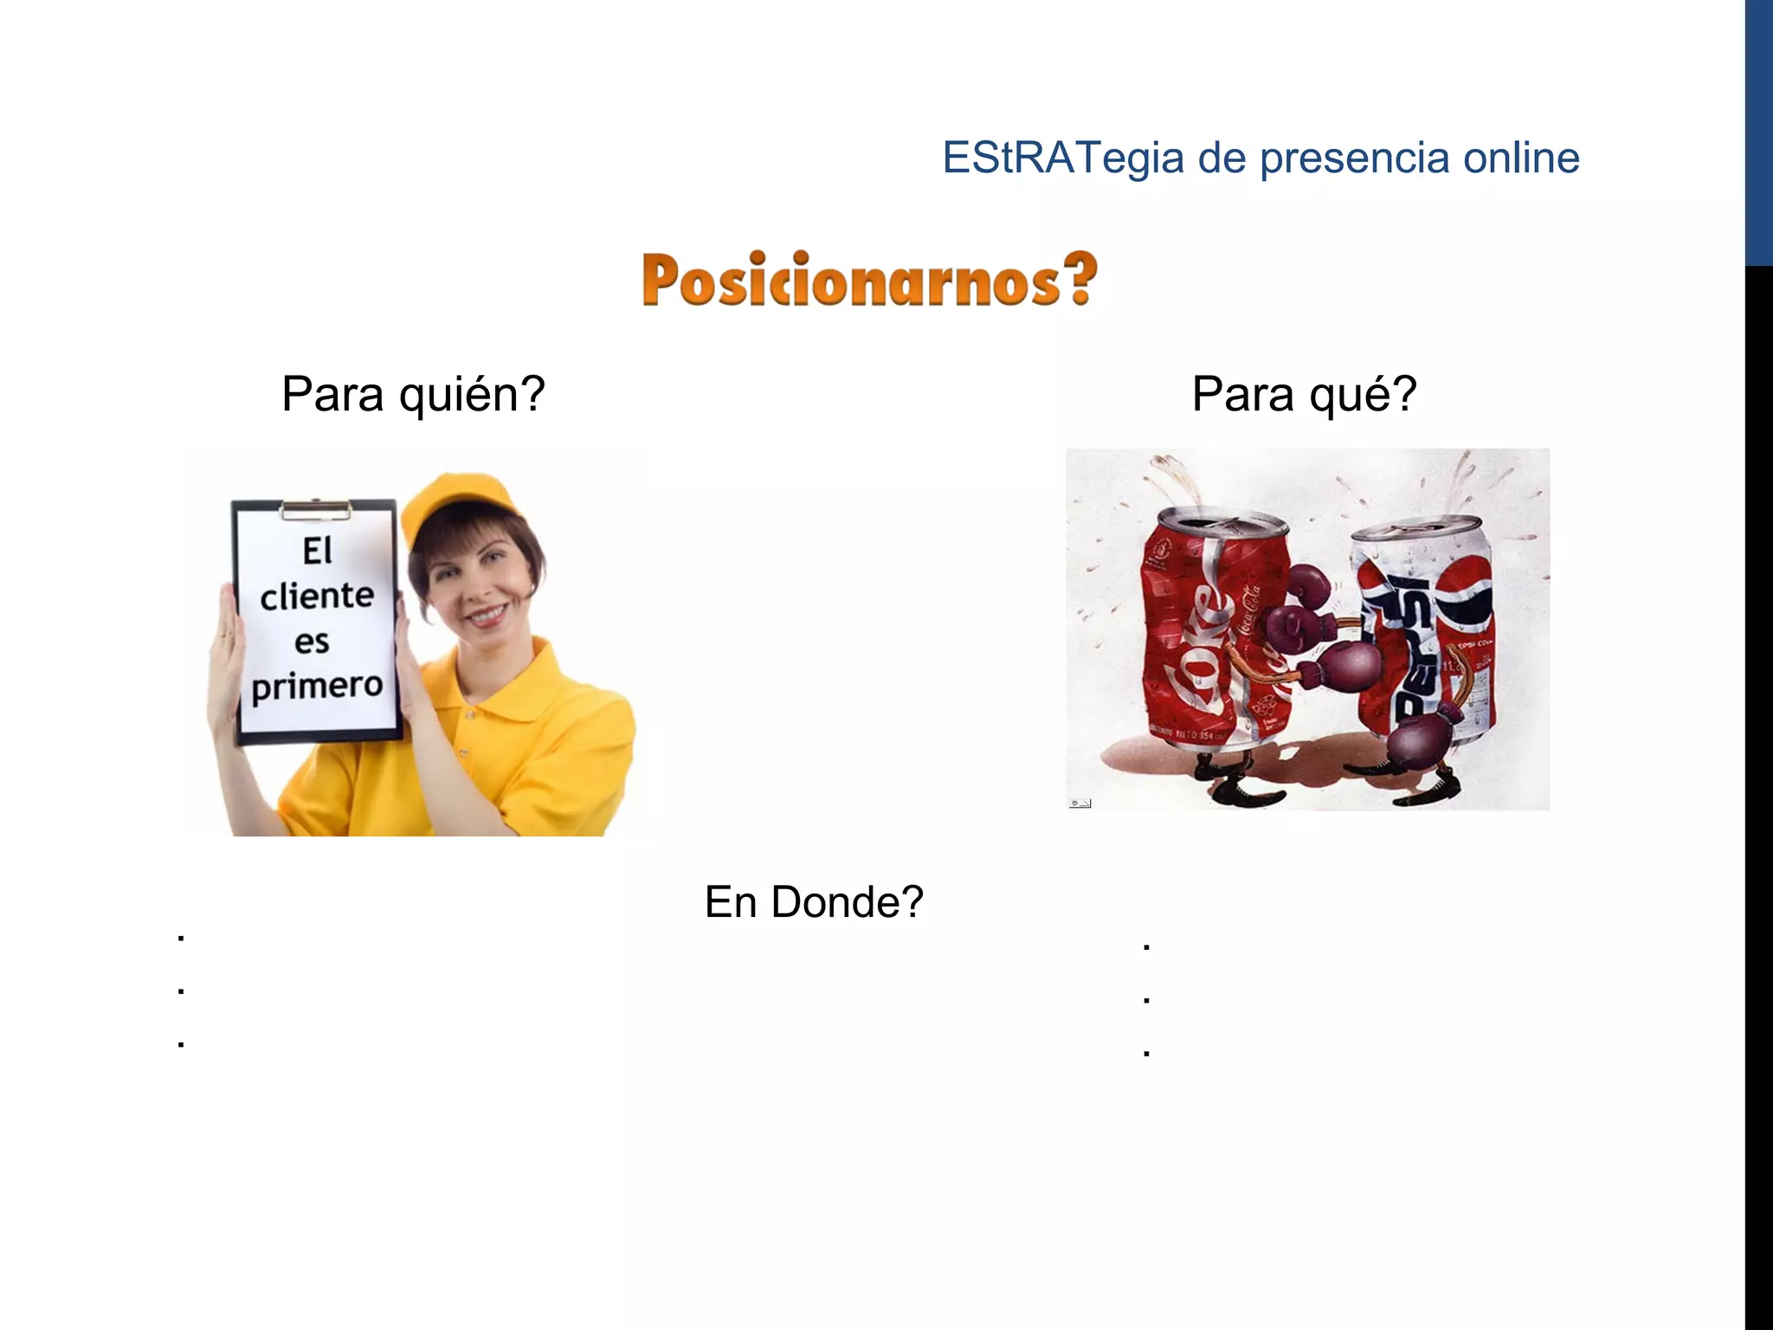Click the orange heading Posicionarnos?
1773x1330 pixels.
pos(869,281)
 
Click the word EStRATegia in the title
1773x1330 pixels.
pos(1062,158)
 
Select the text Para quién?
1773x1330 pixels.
pos(413,395)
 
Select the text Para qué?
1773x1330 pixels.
pos(1303,395)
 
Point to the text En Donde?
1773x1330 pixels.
pos(814,902)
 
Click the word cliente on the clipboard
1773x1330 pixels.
pos(317,596)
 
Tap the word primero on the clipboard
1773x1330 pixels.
pos(317,686)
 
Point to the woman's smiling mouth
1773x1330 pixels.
pos(486,615)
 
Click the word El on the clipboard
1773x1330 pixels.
pos(317,552)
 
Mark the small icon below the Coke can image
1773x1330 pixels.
pos(1080,804)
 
